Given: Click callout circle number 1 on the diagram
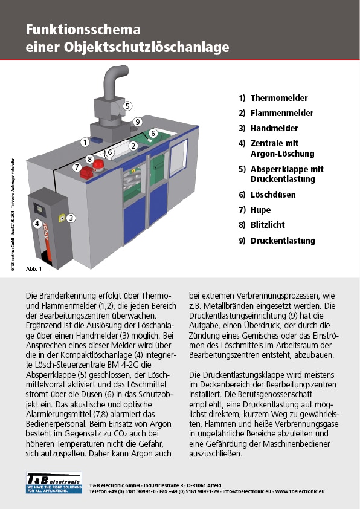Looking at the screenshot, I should point(85,142).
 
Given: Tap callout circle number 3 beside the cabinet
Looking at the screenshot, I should point(71,218).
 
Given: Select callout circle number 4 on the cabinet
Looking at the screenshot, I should point(37,223).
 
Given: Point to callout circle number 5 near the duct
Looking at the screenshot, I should point(127,106).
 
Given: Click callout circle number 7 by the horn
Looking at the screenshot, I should point(77,167).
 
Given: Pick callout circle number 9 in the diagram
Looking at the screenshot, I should point(138,122).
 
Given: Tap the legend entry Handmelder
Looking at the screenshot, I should point(274,128).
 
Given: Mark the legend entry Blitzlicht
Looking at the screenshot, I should point(268,225).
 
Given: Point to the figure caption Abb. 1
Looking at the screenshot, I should point(34,268).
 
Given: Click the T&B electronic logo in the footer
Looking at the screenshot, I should point(54,482).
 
